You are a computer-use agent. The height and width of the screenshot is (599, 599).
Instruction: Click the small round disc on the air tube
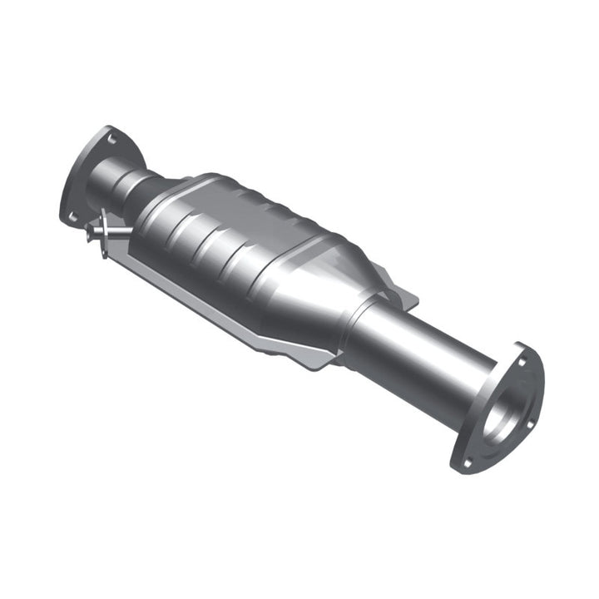tap(103, 225)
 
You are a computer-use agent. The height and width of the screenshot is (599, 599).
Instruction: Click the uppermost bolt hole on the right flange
tap(521, 363)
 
